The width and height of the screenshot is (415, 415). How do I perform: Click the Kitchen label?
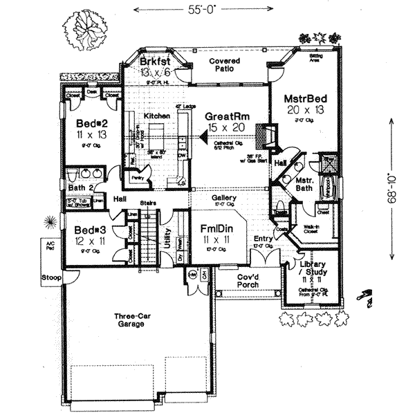[x=157, y=116]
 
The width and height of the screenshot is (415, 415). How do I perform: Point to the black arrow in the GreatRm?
[x=203, y=138]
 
